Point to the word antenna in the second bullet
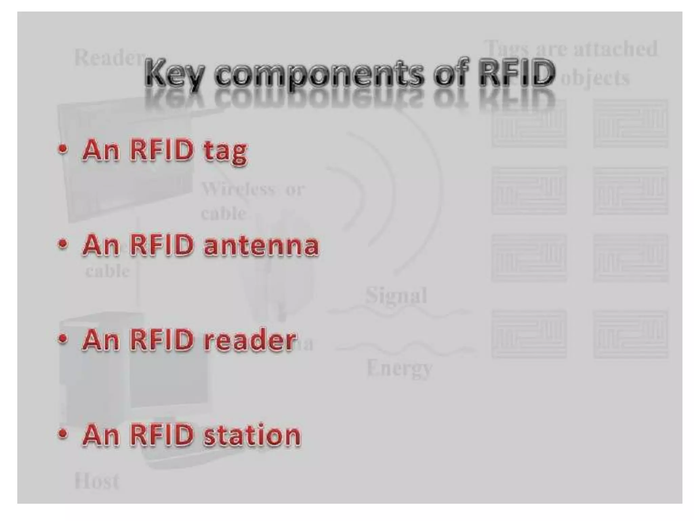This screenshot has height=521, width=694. [x=261, y=246]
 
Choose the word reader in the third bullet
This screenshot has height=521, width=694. [x=250, y=340]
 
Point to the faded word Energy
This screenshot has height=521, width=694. [x=400, y=368]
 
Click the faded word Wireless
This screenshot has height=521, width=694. [x=239, y=189]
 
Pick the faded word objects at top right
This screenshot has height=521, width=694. [x=596, y=78]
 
